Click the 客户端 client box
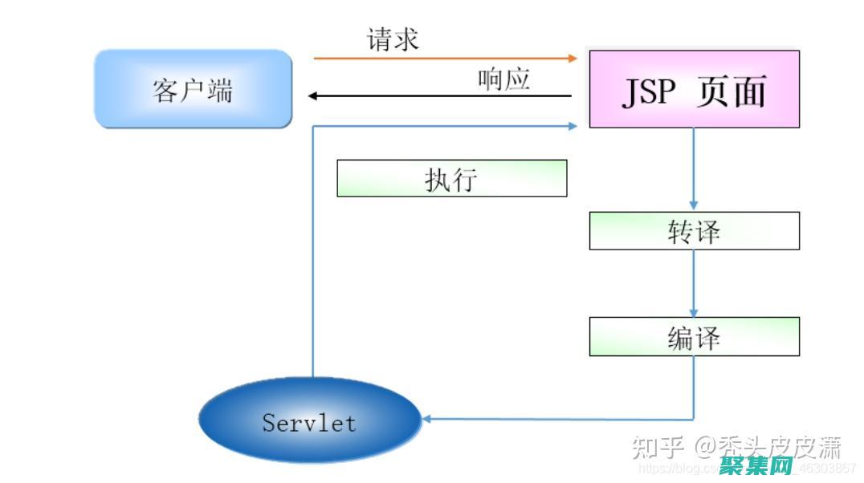coord(193,89)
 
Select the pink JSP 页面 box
coord(694,89)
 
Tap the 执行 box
coord(451,178)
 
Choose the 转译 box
coord(694,231)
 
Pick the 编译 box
coord(694,337)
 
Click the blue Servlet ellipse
coord(309,420)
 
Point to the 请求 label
coord(393,39)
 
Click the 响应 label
coord(503,79)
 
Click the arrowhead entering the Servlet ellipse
coord(427,419)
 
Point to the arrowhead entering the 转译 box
coord(694,206)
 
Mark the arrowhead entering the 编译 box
coord(694,312)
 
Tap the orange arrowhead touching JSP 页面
coord(573,59)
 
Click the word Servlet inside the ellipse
coord(309,422)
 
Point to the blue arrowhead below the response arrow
coord(573,126)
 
